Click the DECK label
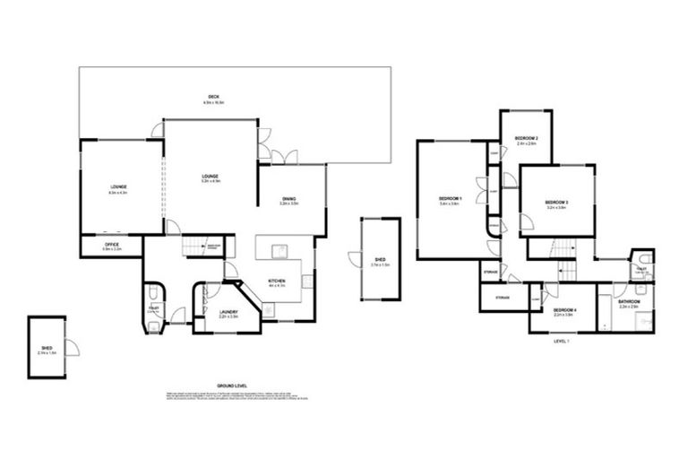click(x=211, y=96)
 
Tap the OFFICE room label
click(x=111, y=243)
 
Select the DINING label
click(x=288, y=199)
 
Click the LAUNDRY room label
click(x=228, y=312)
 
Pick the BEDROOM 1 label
click(x=450, y=198)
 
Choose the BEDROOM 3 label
click(x=556, y=204)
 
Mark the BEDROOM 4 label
click(x=564, y=310)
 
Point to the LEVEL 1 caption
click(x=562, y=339)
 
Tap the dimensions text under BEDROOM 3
click(x=556, y=210)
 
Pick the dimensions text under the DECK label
click(x=211, y=103)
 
